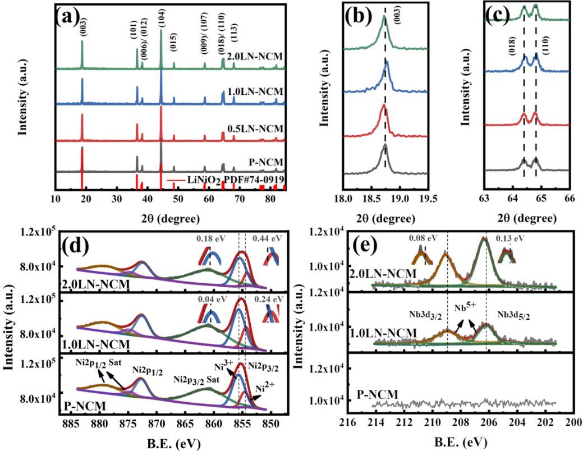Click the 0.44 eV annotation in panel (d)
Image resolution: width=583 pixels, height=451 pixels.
[261, 238]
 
